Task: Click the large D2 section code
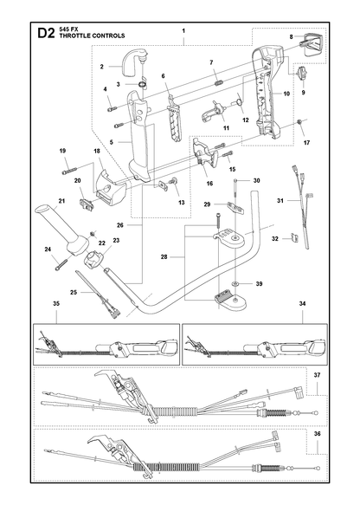pos(47,33)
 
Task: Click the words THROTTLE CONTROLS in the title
pos(92,36)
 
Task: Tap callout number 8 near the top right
pos(291,37)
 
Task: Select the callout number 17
pos(306,142)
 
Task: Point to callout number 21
pos(61,201)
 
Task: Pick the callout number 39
pos(259,284)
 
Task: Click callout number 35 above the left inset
pos(56,303)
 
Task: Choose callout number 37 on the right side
pos(318,375)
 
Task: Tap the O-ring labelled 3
pos(142,84)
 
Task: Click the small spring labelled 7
pos(218,83)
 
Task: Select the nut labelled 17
pos(299,122)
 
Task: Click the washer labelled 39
pos(235,284)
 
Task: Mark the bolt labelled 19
pos(70,171)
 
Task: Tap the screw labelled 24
pos(61,264)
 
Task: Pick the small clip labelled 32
pos(293,238)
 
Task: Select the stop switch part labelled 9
pos(303,73)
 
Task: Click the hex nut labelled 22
pos(93,233)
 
